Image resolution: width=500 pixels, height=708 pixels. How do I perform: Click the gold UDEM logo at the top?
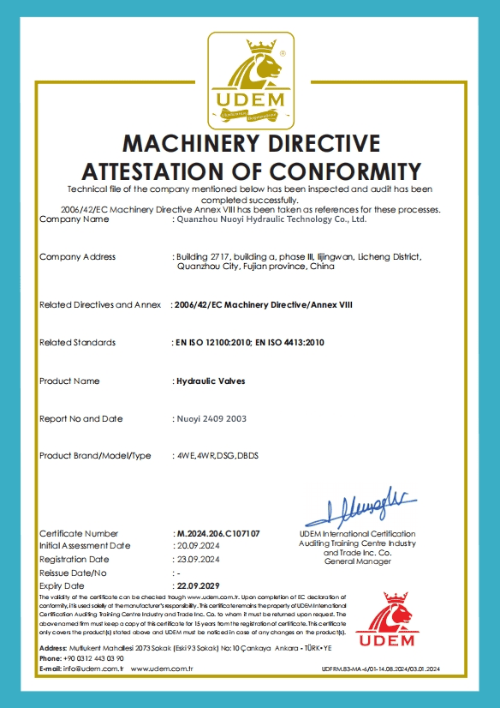pos(249,80)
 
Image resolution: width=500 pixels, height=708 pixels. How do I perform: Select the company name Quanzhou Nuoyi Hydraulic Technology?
pos(270,219)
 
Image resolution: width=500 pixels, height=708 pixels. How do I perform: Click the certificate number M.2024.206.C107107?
pos(217,533)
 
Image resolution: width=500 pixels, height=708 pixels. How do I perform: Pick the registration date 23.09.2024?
pos(198,559)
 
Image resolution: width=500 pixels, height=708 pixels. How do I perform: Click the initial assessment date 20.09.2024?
pos(198,545)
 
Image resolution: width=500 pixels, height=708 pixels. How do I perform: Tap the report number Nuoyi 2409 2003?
pos(211,418)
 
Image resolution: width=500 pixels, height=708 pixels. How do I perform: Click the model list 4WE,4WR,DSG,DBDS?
pos(216,455)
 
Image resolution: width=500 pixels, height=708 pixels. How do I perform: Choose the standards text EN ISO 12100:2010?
pos(211,343)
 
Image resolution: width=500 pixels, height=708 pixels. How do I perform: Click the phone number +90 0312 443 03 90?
pos(93,657)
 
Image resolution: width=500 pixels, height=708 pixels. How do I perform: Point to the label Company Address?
pos(77,257)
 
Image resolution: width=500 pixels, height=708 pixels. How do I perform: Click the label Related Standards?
pos(77,343)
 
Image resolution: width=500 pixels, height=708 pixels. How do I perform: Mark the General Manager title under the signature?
pos(357,561)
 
